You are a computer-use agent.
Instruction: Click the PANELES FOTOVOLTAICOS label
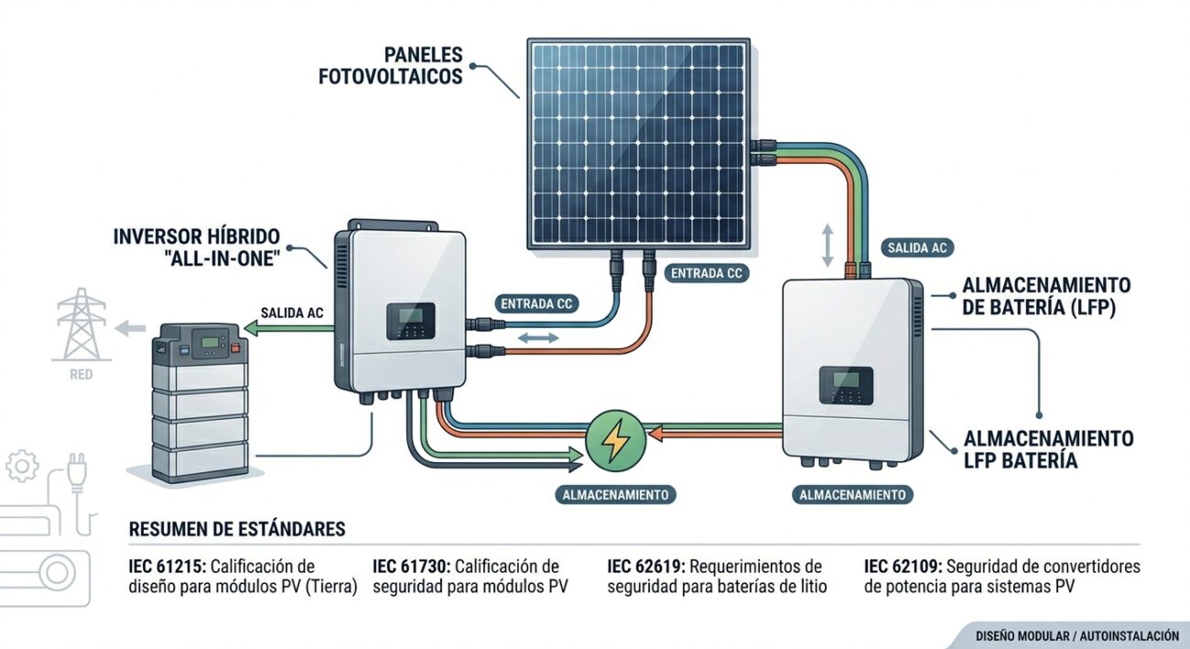point(391,66)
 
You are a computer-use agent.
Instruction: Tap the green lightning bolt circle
point(616,440)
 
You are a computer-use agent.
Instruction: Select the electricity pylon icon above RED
point(81,324)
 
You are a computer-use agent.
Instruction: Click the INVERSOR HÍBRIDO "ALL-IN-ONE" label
point(197,247)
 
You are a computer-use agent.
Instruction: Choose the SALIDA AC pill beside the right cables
point(917,247)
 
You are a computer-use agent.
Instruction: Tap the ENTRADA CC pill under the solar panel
point(707,273)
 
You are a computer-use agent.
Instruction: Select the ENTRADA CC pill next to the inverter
point(536,304)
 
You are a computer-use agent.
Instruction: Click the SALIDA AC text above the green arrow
point(292,313)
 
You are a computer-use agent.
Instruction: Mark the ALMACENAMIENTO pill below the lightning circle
point(615,494)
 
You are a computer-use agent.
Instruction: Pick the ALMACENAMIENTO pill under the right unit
point(852,494)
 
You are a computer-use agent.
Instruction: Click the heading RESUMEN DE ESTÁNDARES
point(237,529)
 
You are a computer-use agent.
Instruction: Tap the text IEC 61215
point(167,566)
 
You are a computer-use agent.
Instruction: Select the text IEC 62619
point(645,566)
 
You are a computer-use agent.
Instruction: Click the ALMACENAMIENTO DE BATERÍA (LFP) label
point(1046,296)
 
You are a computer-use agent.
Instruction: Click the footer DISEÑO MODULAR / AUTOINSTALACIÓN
point(1077,635)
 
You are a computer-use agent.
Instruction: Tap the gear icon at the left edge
point(22,466)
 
